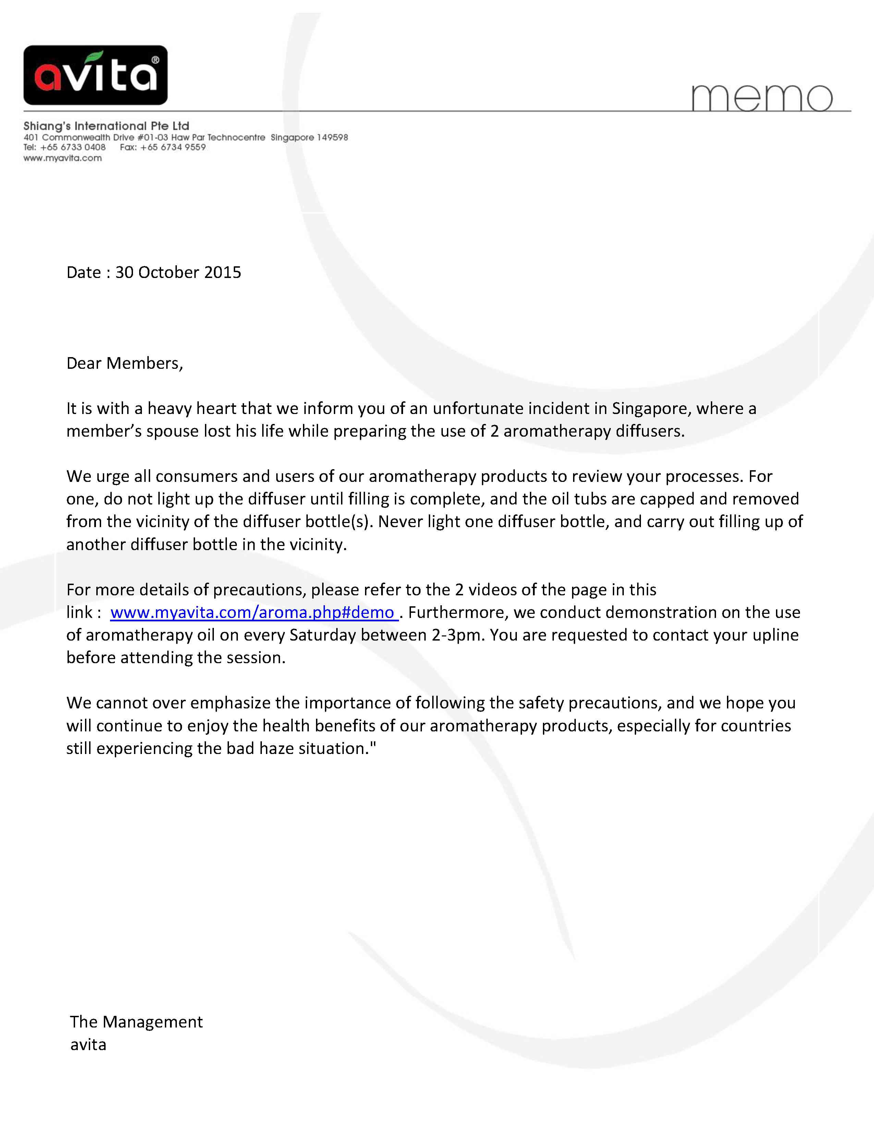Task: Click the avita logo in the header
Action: (95, 75)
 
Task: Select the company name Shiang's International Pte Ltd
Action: (106, 126)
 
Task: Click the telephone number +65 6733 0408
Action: (73, 147)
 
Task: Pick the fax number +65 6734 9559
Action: (173, 147)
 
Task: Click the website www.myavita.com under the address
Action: (63, 158)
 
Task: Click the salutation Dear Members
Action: (125, 363)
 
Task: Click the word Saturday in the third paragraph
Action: (322, 635)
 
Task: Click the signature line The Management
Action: (136, 1022)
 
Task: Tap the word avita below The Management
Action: (88, 1045)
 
